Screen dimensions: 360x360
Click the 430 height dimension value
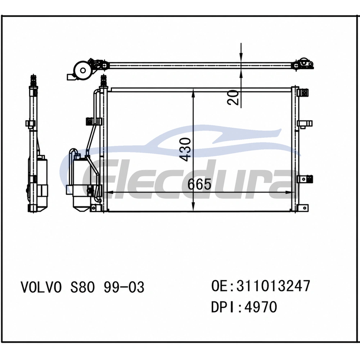pos(185,149)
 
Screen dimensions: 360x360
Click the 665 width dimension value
pos(199,184)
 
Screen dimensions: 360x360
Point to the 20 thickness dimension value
pos(233,98)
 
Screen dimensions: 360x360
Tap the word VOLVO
pos(41,287)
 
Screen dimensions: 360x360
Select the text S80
pos(82,287)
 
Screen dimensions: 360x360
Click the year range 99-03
pos(124,287)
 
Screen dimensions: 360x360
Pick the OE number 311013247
pos(273,286)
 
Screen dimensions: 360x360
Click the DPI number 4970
pos(261,307)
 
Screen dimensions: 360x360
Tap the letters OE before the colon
pos(220,286)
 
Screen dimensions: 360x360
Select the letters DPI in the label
pos(222,307)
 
